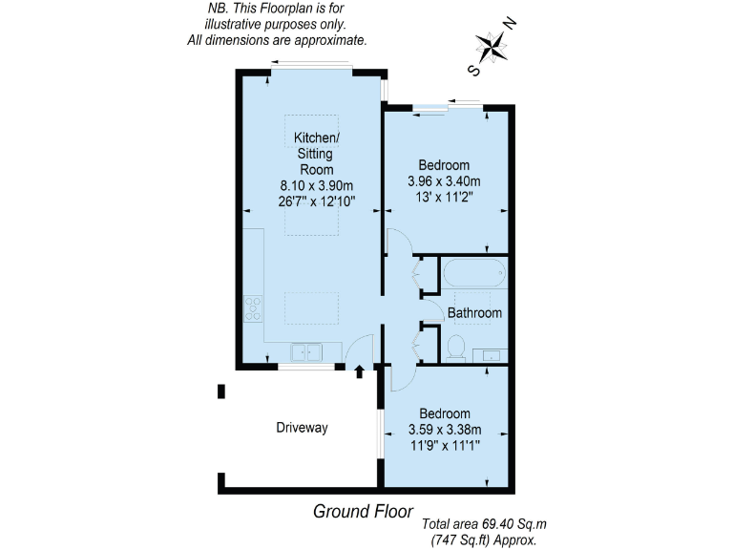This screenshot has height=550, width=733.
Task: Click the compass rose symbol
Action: click(492, 45)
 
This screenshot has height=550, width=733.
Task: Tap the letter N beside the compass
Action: click(511, 24)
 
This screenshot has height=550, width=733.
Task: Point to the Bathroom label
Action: click(474, 313)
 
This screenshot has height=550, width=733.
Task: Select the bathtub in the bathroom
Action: click(473, 273)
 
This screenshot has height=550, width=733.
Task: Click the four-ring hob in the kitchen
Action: click(254, 308)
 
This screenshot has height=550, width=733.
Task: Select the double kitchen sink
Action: click(307, 352)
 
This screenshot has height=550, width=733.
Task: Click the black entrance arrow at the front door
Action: click(360, 371)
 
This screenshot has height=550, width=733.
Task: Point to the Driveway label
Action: click(303, 428)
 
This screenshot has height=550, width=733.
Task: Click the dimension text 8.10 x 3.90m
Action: click(316, 186)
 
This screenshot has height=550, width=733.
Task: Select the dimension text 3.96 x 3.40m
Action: click(444, 181)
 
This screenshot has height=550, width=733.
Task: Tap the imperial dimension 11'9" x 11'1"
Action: click(444, 445)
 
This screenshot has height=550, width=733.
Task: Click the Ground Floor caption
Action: click(357, 511)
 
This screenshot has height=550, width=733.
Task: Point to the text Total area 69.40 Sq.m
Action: click(485, 524)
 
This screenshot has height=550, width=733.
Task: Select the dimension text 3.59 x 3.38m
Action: click(444, 429)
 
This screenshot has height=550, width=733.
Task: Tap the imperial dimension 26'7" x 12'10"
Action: click(316, 202)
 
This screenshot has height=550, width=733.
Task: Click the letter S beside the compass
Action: click(472, 69)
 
